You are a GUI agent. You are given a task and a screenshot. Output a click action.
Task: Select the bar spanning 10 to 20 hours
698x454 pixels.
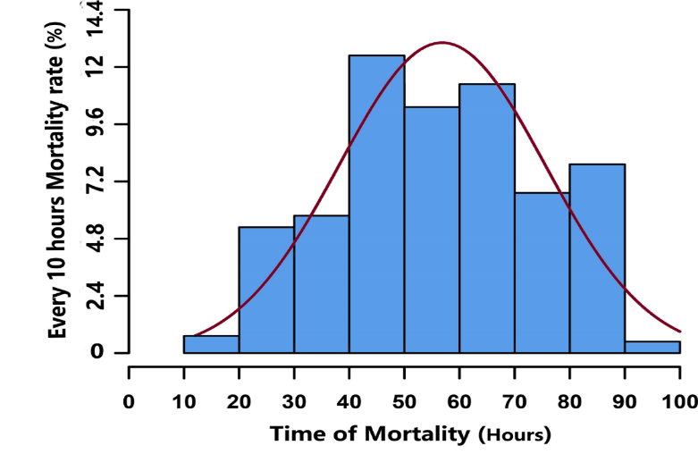click(x=211, y=344)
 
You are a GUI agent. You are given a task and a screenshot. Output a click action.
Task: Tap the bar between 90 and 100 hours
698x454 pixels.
click(x=652, y=347)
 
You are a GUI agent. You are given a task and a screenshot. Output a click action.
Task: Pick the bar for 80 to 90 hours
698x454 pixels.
click(x=597, y=258)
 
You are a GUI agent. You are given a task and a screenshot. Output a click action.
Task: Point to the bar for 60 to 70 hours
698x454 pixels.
click(x=487, y=218)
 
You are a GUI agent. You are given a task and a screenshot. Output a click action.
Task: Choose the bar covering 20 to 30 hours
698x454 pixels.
click(x=266, y=290)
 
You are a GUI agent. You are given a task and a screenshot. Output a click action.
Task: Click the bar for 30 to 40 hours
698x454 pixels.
click(x=322, y=284)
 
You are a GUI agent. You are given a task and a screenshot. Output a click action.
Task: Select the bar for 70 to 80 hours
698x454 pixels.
click(x=542, y=273)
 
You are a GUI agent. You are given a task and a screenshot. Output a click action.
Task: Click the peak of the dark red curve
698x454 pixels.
click(x=442, y=42)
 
